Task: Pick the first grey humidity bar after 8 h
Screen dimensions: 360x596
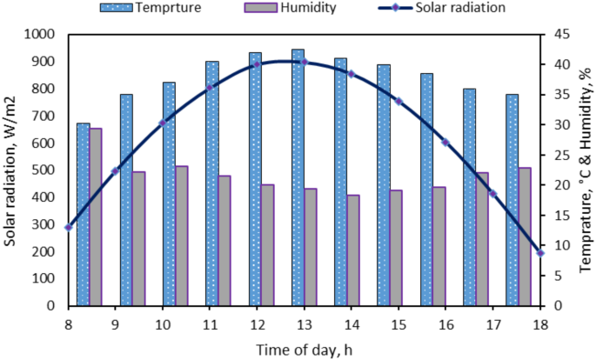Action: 95,217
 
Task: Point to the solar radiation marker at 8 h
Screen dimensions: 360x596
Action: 68,227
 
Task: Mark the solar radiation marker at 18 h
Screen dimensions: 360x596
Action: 540,252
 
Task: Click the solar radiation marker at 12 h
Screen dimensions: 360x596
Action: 257,64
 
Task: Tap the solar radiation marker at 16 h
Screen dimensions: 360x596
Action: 445,143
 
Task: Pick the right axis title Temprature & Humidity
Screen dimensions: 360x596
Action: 586,170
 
